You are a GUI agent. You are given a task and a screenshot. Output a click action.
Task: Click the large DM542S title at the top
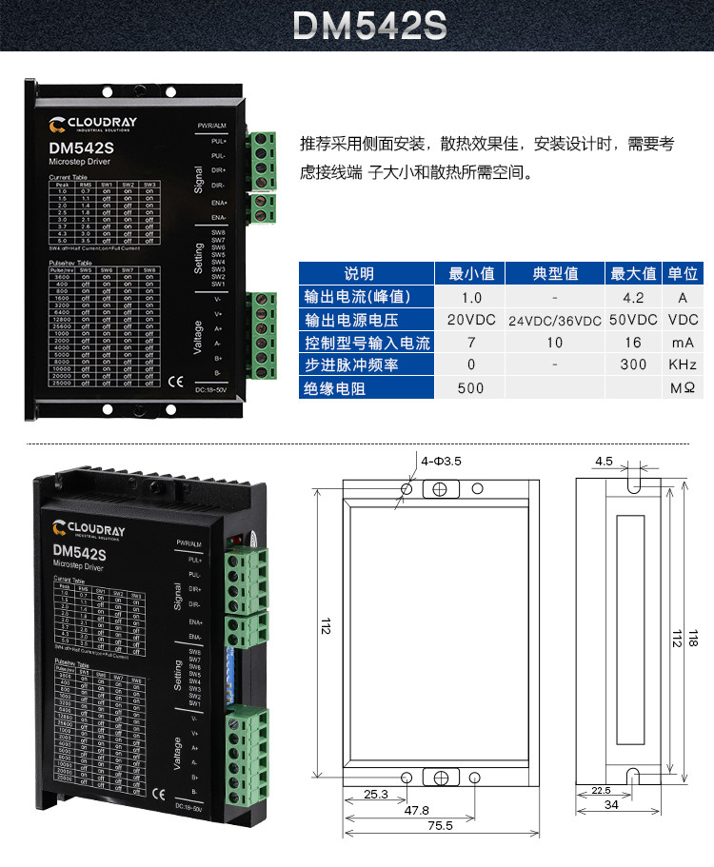click(369, 26)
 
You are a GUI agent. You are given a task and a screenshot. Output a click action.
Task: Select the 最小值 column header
click(471, 273)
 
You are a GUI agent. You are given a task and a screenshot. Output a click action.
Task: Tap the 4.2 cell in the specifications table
click(633, 296)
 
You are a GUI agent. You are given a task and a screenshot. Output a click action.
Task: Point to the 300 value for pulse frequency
click(633, 365)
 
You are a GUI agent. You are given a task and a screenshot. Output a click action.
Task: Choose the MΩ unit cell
click(683, 388)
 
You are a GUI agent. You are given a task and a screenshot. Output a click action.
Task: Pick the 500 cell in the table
click(470, 388)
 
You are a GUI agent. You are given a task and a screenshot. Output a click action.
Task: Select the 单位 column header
click(683, 273)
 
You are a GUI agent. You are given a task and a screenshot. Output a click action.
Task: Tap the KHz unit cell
click(683, 365)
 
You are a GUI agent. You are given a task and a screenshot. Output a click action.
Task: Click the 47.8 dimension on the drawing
click(417, 810)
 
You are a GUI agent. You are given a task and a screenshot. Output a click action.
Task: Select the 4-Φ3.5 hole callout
click(441, 461)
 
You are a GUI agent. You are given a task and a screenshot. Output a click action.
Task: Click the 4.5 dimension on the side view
click(604, 462)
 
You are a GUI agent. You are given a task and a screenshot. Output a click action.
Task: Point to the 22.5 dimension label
click(601, 790)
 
